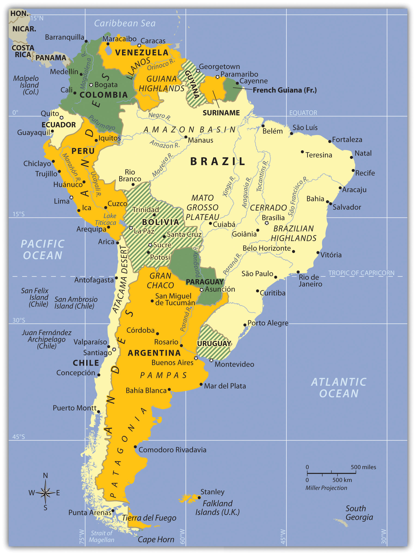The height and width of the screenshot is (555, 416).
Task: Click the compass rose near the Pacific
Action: pos(45,492)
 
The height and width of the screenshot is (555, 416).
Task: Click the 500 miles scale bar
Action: pos(331,473)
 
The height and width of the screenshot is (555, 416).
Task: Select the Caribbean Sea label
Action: pos(125,23)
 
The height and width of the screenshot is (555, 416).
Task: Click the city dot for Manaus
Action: pos(186,137)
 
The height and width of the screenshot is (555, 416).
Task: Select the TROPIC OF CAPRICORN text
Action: pos(361,273)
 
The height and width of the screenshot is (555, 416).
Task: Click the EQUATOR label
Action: pos(303,113)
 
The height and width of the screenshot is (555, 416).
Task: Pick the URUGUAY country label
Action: pos(214,343)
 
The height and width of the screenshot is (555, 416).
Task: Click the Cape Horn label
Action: pos(156,539)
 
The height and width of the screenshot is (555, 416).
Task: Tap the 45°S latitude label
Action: pos(18,437)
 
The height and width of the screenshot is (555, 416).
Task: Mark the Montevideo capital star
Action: pos(211,360)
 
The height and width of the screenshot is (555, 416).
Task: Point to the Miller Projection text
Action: pos(326,488)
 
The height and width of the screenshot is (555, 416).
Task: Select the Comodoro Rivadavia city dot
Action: pos(135,447)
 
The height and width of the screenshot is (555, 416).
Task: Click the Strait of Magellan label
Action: pos(101,536)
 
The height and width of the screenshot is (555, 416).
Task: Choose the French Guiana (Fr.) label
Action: pos(284,90)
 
